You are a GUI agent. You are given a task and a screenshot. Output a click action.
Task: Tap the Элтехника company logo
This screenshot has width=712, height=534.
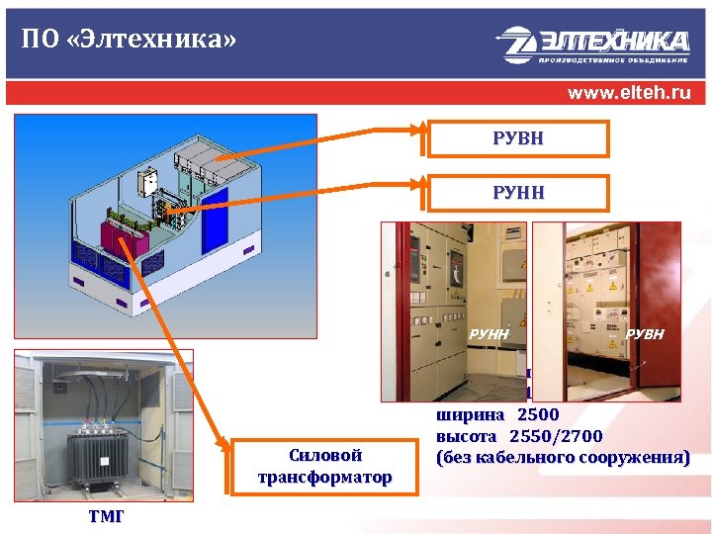pyautogui.click(x=593, y=44)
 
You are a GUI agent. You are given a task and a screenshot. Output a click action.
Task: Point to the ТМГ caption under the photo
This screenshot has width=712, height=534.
pyautogui.click(x=105, y=518)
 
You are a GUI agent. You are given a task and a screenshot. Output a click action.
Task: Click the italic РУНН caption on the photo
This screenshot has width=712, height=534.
pyautogui.click(x=489, y=334)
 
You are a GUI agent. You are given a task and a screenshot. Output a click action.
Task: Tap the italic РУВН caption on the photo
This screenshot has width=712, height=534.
pyautogui.click(x=645, y=334)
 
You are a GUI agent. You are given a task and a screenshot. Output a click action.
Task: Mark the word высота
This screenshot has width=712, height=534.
pyautogui.click(x=469, y=436)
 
